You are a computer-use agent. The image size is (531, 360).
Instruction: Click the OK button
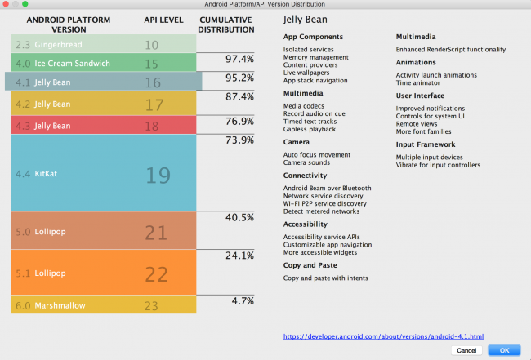point(503,350)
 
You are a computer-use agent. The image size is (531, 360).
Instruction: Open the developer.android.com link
point(384,336)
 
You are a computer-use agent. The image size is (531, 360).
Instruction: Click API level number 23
point(152,307)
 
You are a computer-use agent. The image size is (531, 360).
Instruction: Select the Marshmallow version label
point(61,307)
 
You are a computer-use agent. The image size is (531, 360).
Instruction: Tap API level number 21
point(155,233)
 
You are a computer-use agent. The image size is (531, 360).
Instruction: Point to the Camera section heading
point(297,141)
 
